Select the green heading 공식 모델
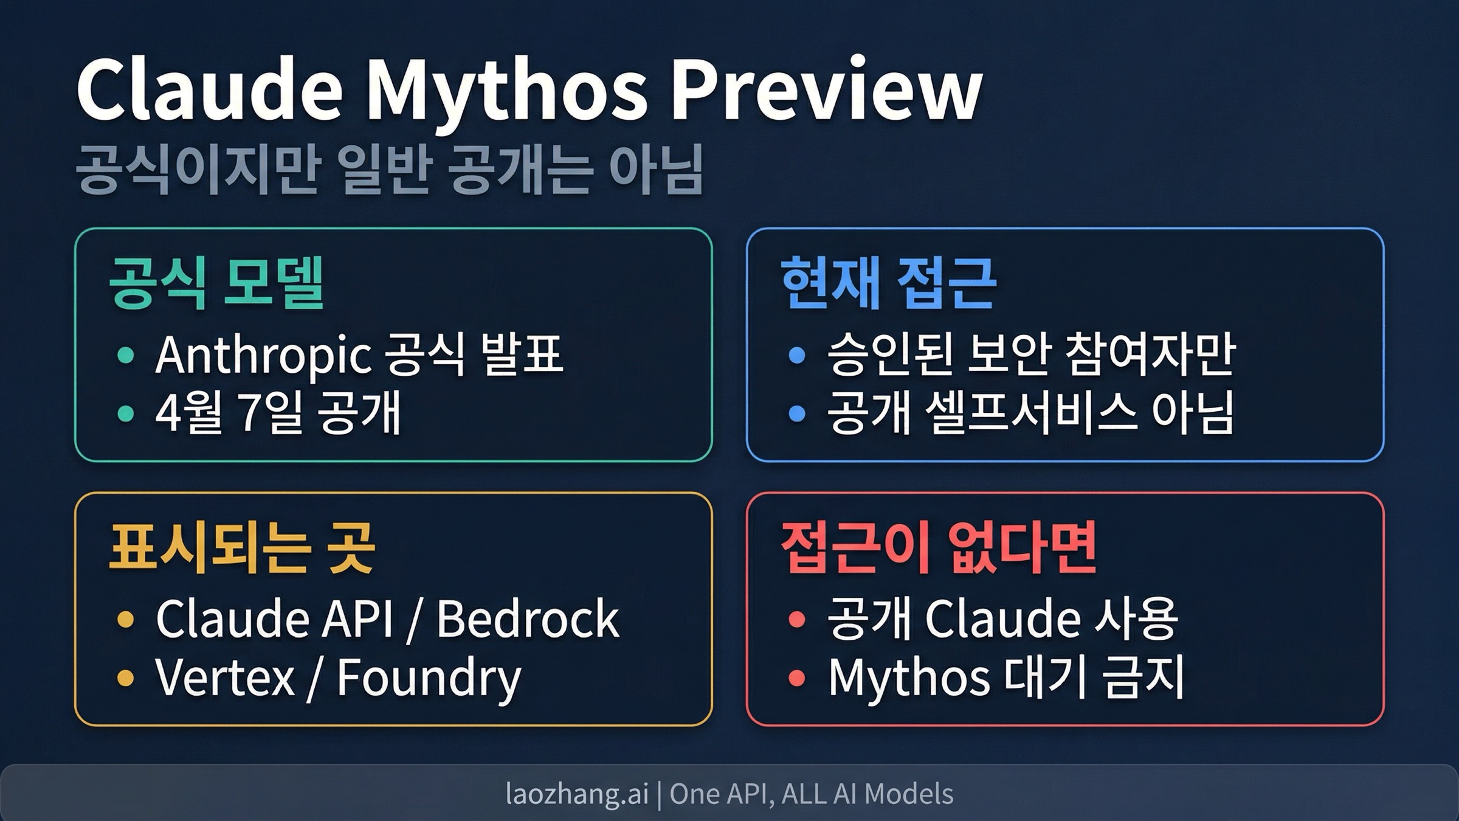(x=216, y=283)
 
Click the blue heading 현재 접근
(x=888, y=283)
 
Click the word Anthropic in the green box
(x=263, y=355)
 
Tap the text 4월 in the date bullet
(x=188, y=413)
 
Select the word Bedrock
(x=528, y=618)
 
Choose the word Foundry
(x=429, y=679)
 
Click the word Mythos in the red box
(x=909, y=678)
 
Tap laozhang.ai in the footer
(x=577, y=794)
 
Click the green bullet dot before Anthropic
(x=125, y=355)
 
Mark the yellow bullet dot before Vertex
(x=125, y=677)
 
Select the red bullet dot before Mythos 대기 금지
(x=796, y=677)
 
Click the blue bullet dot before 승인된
(x=796, y=355)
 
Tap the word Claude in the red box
(x=1003, y=618)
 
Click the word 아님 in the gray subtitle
(x=657, y=170)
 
